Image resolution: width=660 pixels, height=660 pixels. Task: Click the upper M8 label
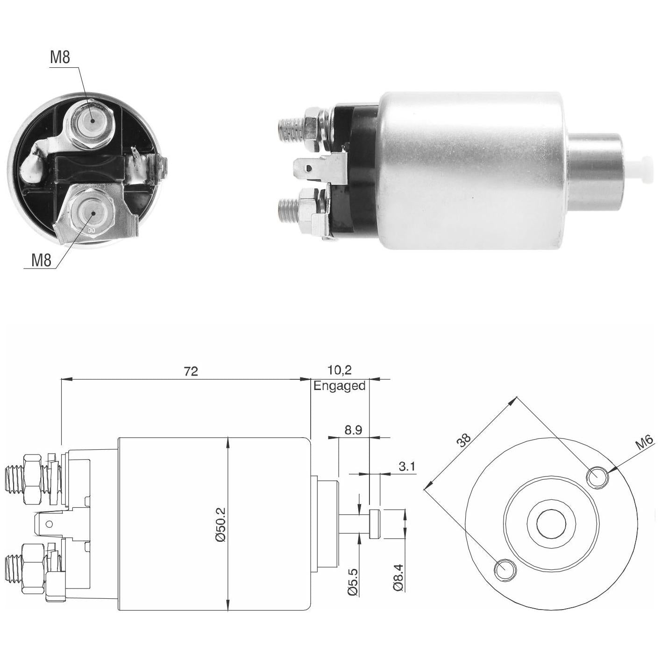(60, 57)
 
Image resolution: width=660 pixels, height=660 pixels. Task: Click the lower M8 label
(41, 261)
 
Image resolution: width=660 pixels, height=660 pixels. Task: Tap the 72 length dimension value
(191, 371)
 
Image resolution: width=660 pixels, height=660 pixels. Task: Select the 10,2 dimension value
(340, 370)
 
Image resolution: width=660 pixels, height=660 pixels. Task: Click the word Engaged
(340, 386)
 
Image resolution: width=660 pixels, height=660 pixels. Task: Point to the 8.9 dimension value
(353, 430)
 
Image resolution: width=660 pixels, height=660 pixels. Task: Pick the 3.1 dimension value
(407, 466)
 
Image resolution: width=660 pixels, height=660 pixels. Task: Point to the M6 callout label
(645, 444)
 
